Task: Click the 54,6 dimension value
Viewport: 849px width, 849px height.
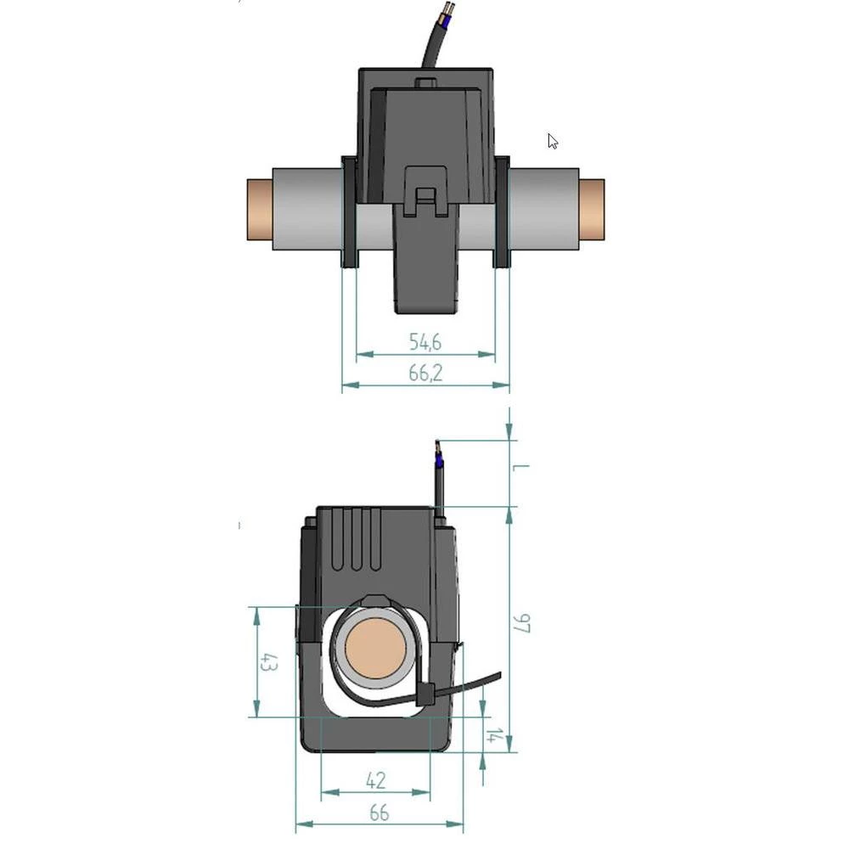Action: (425, 342)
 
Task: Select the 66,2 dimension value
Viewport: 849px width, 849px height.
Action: (425, 373)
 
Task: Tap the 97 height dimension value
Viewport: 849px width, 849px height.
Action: (522, 624)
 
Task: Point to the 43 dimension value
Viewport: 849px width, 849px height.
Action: (268, 662)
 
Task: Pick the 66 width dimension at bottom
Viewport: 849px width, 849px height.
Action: (379, 812)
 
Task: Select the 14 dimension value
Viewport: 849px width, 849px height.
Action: (492, 735)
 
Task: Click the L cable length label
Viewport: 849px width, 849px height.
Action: (522, 468)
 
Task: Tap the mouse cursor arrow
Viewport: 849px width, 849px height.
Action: (553, 141)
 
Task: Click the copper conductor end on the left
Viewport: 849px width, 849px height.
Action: (258, 210)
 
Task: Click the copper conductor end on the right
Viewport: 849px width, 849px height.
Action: (592, 210)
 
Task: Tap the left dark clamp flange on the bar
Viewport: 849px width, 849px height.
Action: (349, 212)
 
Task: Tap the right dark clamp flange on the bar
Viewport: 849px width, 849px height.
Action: (502, 212)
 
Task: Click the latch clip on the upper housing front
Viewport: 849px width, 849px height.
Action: (426, 191)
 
